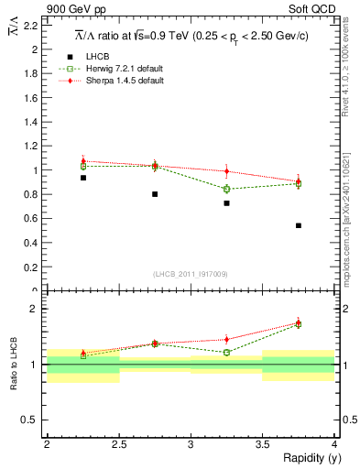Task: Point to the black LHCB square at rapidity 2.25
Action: pyautogui.click(x=82, y=178)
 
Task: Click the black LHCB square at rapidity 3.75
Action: pyautogui.click(x=299, y=225)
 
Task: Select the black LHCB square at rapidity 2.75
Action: pyautogui.click(x=155, y=194)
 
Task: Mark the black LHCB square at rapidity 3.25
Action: pyautogui.click(x=226, y=203)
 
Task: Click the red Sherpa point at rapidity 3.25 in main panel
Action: pyautogui.click(x=226, y=171)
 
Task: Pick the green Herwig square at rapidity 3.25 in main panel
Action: pyautogui.click(x=226, y=190)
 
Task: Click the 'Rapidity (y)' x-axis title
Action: pyautogui.click(x=306, y=458)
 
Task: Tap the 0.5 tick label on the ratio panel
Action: pyautogui.click(x=30, y=420)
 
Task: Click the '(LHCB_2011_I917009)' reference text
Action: pyautogui.click(x=190, y=274)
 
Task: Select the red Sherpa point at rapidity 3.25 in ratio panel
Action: pyautogui.click(x=226, y=339)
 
